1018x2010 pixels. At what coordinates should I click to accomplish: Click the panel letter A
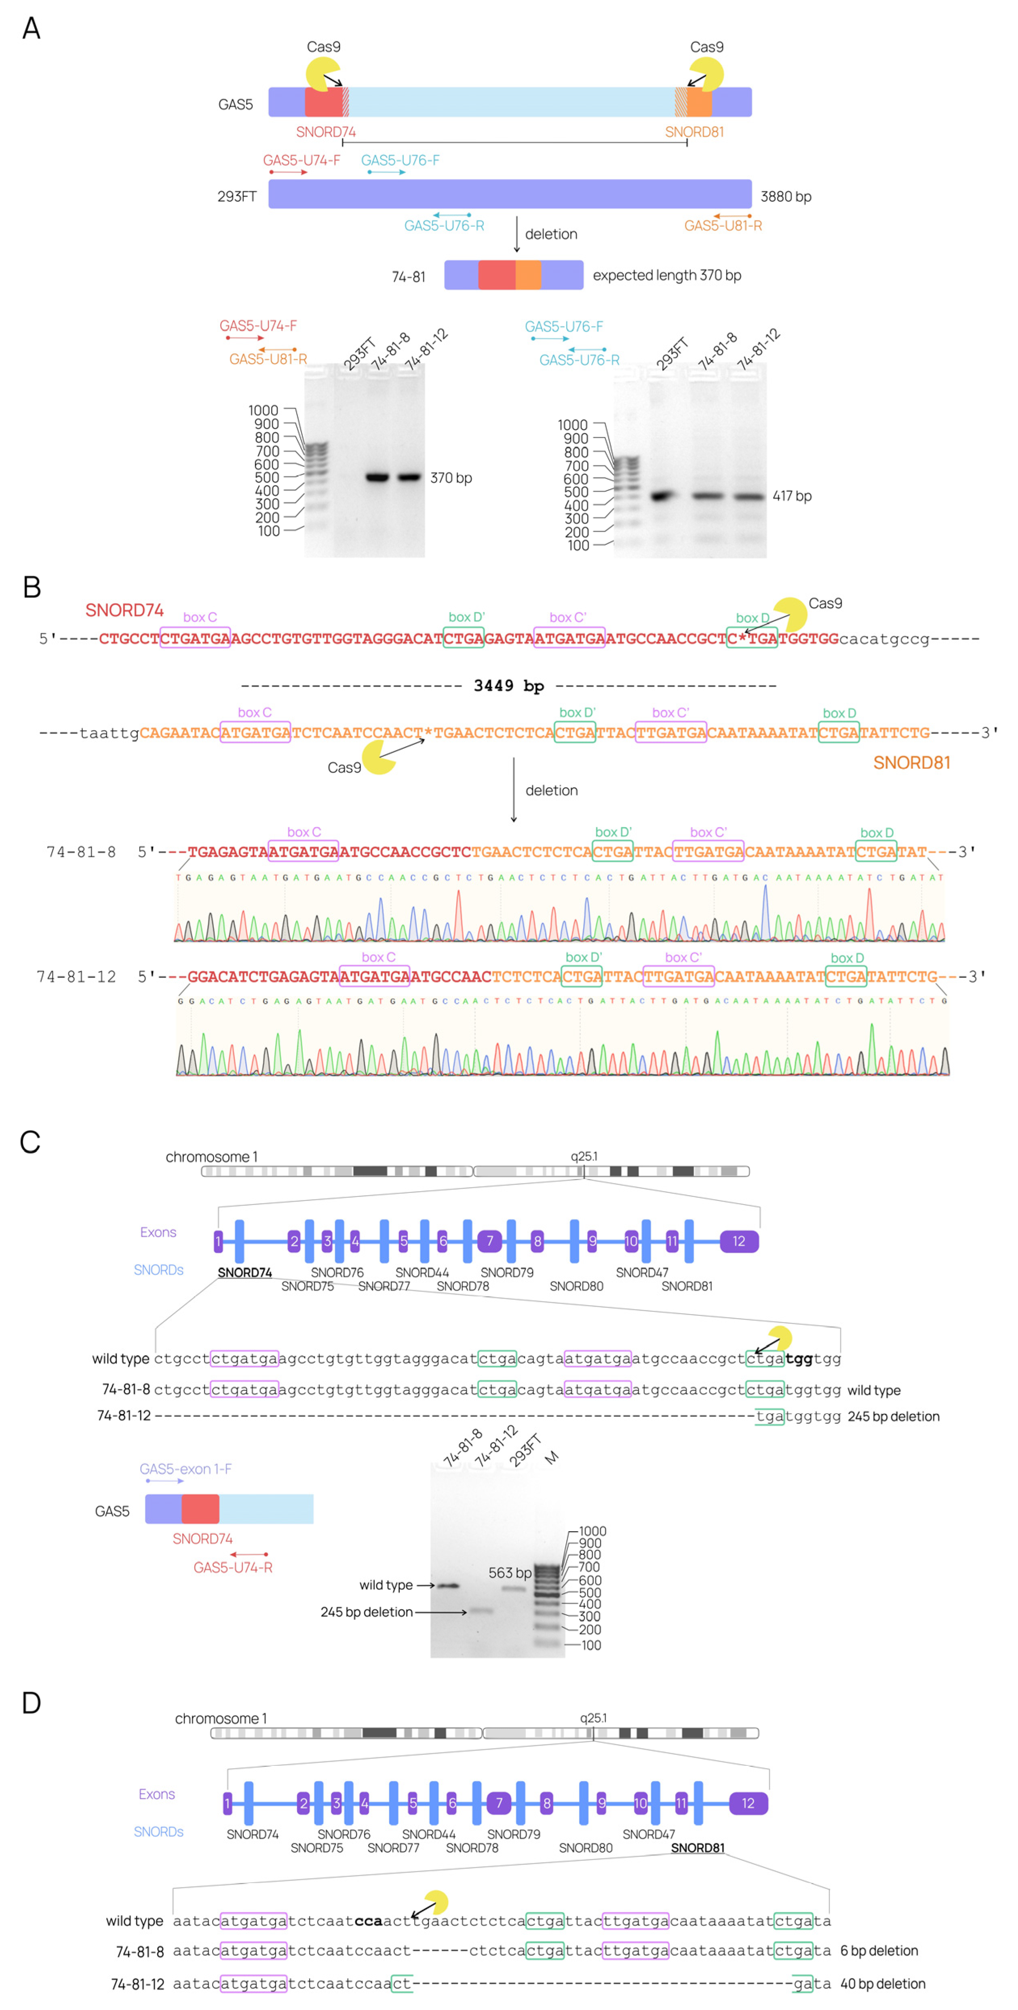point(31,29)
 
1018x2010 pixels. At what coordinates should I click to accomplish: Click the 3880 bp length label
point(786,197)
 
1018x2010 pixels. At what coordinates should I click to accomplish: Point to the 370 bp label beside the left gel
point(451,478)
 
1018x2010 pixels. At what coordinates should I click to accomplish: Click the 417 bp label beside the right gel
point(792,496)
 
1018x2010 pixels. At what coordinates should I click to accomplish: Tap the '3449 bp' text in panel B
point(509,686)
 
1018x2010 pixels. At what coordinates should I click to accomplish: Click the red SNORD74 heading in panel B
point(125,610)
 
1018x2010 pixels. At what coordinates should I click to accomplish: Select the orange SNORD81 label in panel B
point(911,762)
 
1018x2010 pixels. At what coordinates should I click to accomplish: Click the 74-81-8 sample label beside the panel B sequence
point(81,852)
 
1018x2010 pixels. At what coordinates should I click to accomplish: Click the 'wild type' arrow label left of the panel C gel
point(386,1585)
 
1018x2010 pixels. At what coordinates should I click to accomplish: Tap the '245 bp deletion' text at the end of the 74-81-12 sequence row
point(893,1416)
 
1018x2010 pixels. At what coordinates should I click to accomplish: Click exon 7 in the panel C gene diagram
point(489,1241)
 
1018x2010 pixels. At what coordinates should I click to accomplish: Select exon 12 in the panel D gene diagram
point(748,1803)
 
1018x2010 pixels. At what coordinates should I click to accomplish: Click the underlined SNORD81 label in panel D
point(698,1848)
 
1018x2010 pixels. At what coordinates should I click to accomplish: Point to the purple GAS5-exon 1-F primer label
point(185,1469)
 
